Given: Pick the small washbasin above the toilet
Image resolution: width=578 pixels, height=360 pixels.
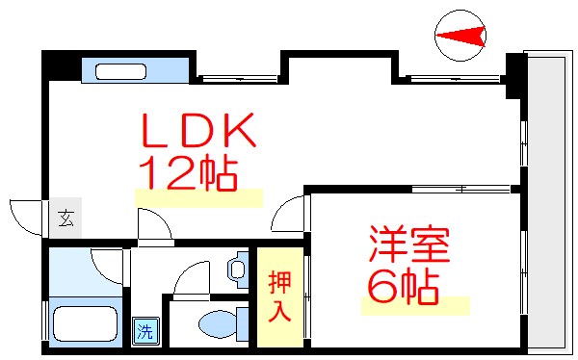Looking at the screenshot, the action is coord(238,270).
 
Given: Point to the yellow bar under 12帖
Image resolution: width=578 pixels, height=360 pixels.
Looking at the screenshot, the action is coord(198,198).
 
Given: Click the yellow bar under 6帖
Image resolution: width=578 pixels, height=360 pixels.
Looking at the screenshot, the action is coord(415,307).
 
